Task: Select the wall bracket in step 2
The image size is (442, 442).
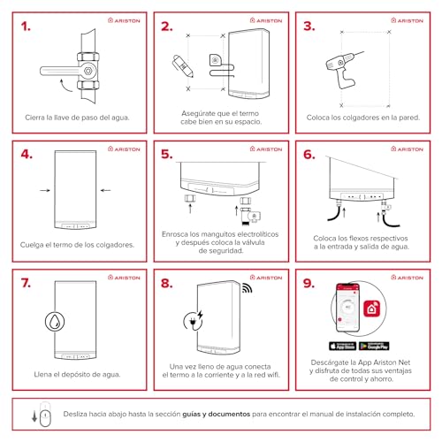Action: click(214, 61)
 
